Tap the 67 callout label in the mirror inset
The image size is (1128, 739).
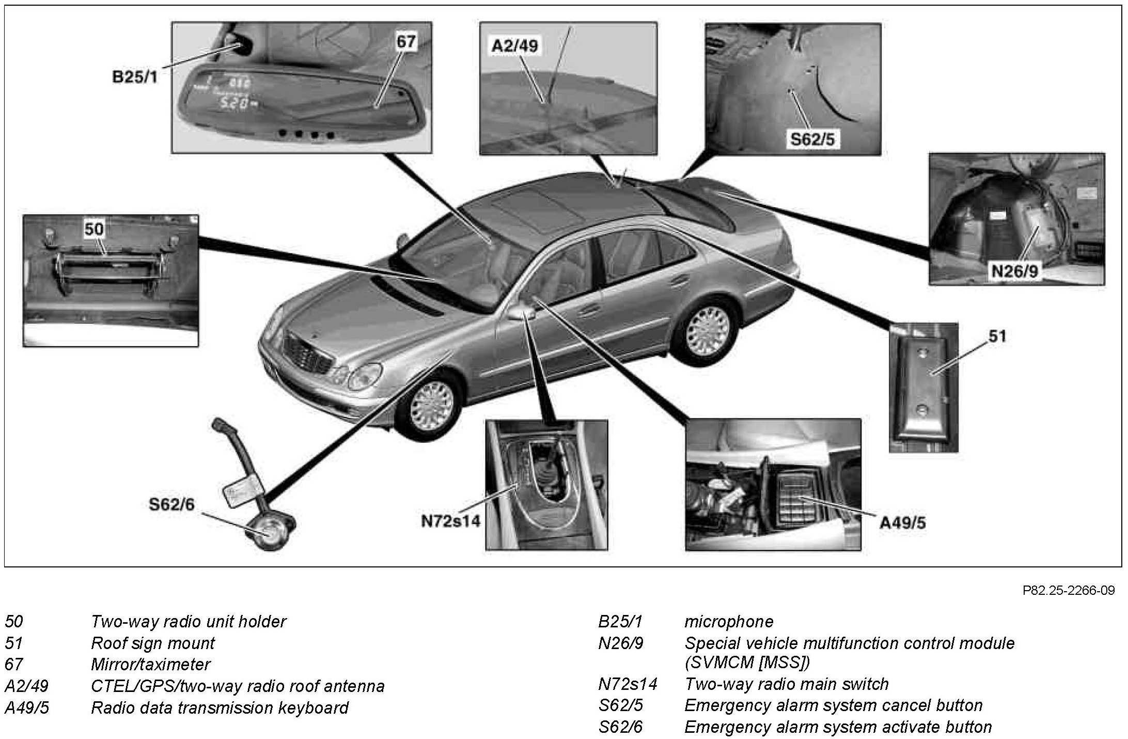point(406,41)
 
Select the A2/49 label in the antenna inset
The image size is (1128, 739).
point(514,46)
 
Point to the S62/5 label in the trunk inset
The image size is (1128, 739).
point(812,138)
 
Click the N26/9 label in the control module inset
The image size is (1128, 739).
point(1013,271)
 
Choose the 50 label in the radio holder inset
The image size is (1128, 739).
point(94,229)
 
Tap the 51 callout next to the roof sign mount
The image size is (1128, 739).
point(997,336)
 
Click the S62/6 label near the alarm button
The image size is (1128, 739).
point(172,504)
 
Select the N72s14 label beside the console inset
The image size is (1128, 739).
point(450,521)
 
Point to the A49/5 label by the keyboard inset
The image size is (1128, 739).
point(902,523)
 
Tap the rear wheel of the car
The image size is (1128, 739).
point(709,330)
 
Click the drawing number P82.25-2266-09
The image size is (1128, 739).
point(1068,590)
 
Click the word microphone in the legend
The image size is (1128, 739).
point(728,621)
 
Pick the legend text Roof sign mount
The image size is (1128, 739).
point(152,643)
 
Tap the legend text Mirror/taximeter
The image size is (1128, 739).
point(151,664)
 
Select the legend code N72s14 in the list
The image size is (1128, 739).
point(628,684)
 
